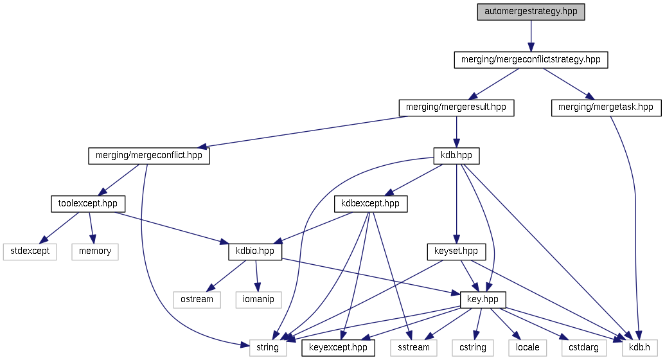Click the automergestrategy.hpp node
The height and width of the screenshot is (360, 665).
(x=531, y=12)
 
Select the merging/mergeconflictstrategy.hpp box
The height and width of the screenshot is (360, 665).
(x=531, y=60)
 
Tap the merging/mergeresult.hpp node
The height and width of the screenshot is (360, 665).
(x=456, y=107)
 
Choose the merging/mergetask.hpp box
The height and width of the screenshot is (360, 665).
(x=606, y=107)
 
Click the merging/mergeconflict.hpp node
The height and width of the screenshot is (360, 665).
(x=149, y=156)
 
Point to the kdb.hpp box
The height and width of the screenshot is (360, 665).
(x=456, y=156)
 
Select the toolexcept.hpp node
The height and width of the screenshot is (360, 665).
(x=88, y=204)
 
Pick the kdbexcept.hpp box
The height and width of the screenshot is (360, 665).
(x=371, y=204)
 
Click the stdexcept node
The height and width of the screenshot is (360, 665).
(x=30, y=251)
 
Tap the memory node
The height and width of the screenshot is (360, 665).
(x=95, y=251)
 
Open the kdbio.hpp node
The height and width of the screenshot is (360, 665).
(x=255, y=251)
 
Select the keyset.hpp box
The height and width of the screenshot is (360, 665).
(x=456, y=251)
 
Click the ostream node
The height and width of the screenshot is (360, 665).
(x=197, y=300)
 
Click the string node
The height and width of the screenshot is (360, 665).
(x=268, y=348)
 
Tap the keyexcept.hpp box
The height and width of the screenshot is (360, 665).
(x=338, y=348)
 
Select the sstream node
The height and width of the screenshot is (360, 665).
(x=413, y=348)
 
